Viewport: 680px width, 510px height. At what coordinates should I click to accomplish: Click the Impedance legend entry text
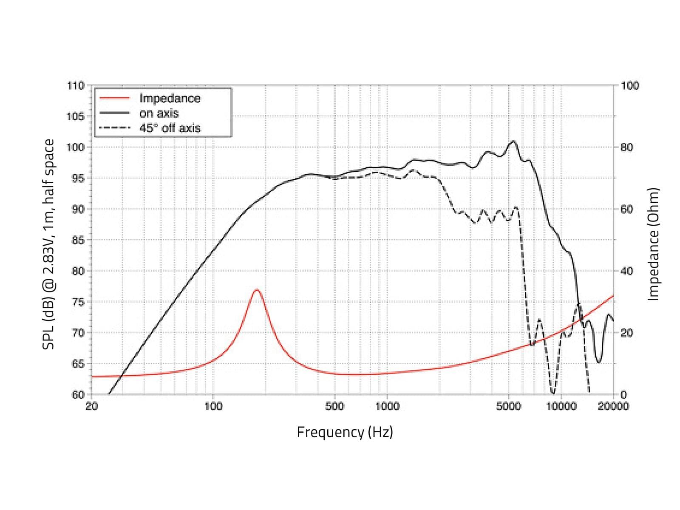170,99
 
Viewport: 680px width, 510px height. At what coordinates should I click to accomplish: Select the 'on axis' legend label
159,113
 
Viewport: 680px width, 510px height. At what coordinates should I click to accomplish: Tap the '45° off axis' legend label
170,128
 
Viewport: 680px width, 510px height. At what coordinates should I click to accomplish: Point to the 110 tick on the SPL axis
76,85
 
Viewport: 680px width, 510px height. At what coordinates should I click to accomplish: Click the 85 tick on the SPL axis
78,240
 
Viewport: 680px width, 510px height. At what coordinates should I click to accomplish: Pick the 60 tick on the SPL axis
78,395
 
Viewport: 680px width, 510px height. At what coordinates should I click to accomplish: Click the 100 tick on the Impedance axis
630,85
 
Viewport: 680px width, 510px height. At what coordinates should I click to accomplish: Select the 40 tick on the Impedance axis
627,271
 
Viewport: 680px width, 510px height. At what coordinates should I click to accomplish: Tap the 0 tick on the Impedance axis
624,395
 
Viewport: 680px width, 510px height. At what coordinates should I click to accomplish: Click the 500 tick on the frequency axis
334,406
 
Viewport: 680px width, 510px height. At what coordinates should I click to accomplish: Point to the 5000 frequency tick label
508,406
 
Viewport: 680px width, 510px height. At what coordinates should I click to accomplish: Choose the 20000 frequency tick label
613,406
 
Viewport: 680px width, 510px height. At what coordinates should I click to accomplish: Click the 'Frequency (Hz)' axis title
345,432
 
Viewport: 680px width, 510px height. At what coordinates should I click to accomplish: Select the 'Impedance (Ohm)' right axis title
653,244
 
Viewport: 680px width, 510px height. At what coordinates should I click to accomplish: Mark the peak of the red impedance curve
257,289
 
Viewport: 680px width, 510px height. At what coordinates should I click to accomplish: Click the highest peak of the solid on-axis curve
513,141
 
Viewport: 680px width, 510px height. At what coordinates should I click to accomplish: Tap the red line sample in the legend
115,99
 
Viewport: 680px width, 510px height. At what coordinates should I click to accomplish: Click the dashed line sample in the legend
115,128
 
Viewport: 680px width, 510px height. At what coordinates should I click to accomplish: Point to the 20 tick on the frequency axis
92,406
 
